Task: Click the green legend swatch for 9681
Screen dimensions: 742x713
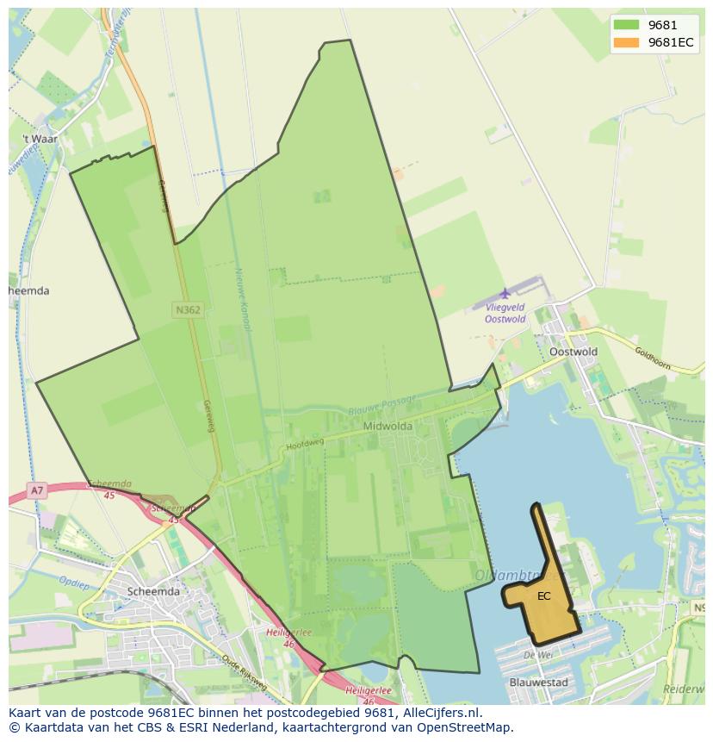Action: pos(626,25)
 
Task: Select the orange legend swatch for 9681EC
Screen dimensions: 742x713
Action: pos(626,42)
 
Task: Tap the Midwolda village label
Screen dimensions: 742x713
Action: pos(387,426)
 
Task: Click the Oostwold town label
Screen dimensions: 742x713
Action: pos(573,352)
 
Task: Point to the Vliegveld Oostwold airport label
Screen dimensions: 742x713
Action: pos(505,313)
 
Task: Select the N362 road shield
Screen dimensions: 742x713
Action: pos(188,309)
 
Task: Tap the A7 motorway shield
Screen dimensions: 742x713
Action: pos(36,491)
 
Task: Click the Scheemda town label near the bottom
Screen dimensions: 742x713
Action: pos(153,591)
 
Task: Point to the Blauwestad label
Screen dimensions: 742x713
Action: pos(539,683)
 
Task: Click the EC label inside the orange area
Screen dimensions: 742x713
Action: pos(544,595)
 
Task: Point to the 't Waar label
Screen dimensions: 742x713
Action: pos(40,138)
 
